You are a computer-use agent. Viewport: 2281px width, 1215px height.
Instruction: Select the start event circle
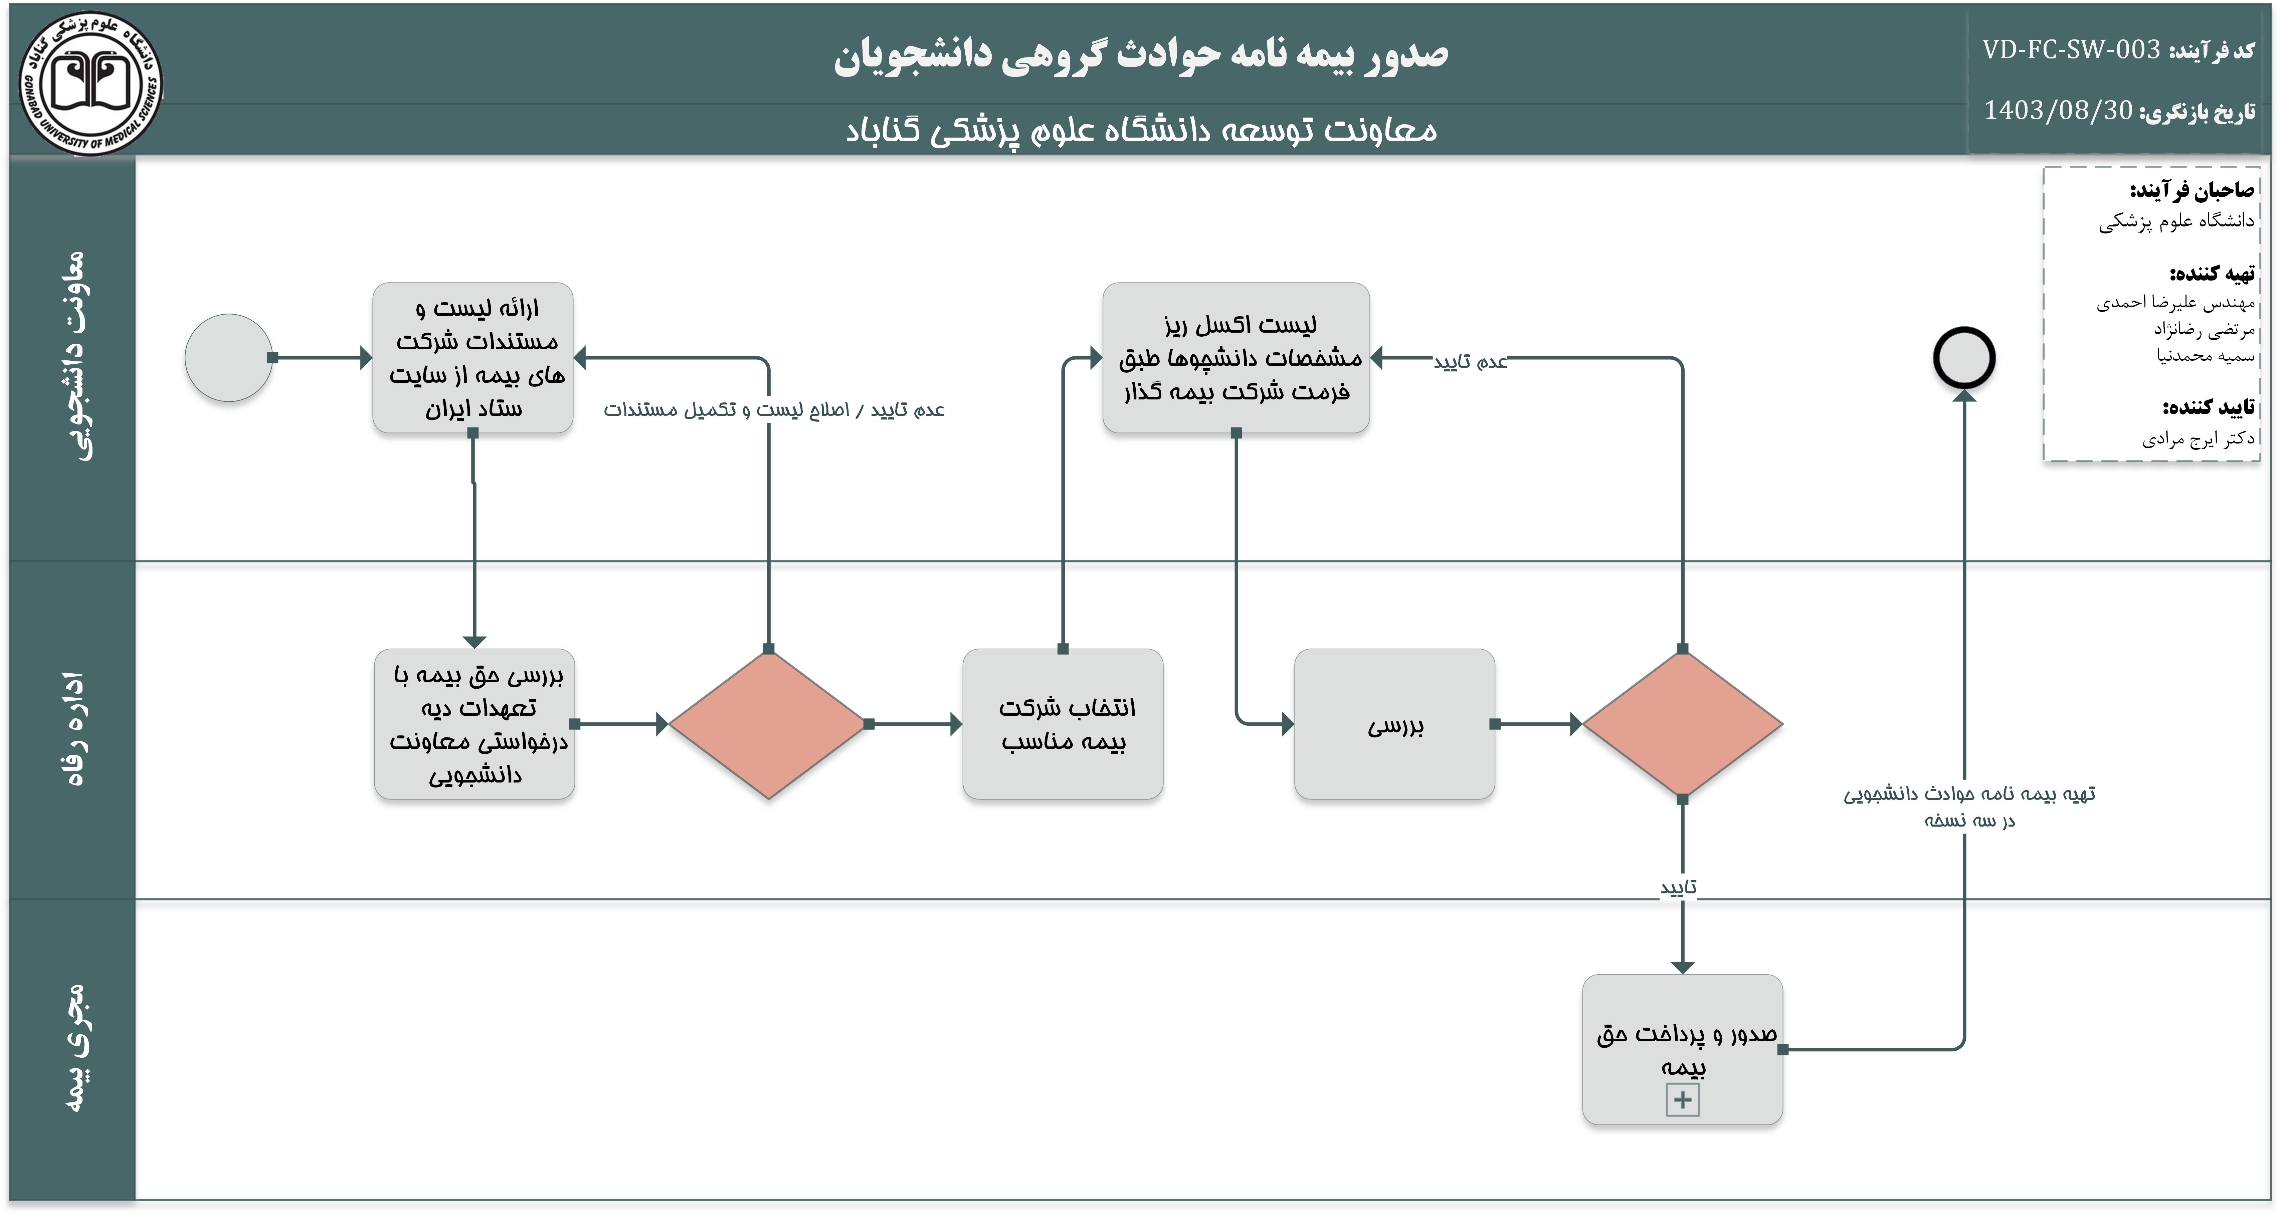(x=228, y=358)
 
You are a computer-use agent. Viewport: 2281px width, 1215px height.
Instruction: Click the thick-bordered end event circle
(x=1964, y=358)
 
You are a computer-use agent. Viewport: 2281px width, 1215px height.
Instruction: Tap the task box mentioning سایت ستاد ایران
(x=473, y=358)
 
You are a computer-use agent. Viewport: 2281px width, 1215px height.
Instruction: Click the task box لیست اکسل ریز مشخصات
(x=1236, y=358)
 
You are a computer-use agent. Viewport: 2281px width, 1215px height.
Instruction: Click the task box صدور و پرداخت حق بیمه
(x=1682, y=1049)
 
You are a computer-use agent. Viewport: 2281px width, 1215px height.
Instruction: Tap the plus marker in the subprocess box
(x=1682, y=1100)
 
